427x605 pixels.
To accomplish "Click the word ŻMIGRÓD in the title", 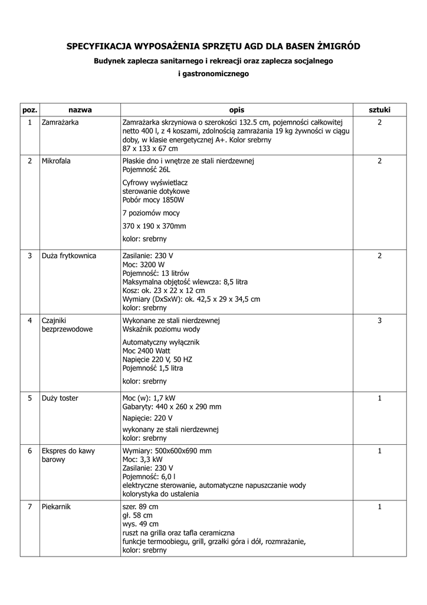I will point(335,45).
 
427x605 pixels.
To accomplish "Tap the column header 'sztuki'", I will point(379,110).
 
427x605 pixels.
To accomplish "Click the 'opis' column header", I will point(237,110).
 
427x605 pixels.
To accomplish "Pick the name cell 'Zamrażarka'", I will point(60,122).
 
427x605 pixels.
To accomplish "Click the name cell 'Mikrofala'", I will point(56,161).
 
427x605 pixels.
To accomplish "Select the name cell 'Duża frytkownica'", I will point(69,256).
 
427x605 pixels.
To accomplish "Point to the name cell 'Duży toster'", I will point(60,398).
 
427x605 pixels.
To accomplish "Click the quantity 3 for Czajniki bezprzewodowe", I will point(379,320).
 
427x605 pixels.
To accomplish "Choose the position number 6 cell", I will point(29,451).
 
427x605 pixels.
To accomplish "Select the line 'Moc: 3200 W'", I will point(144,265).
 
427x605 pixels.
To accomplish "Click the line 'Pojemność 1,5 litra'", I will point(153,368).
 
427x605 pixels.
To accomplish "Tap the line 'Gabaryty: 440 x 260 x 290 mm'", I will point(172,406).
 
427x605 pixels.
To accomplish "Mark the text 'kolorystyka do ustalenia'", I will point(160,494).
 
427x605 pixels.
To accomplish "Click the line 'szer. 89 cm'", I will point(140,507).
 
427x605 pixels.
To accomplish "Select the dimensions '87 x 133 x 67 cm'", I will point(150,148).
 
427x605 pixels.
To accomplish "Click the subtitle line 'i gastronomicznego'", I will point(213,74).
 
